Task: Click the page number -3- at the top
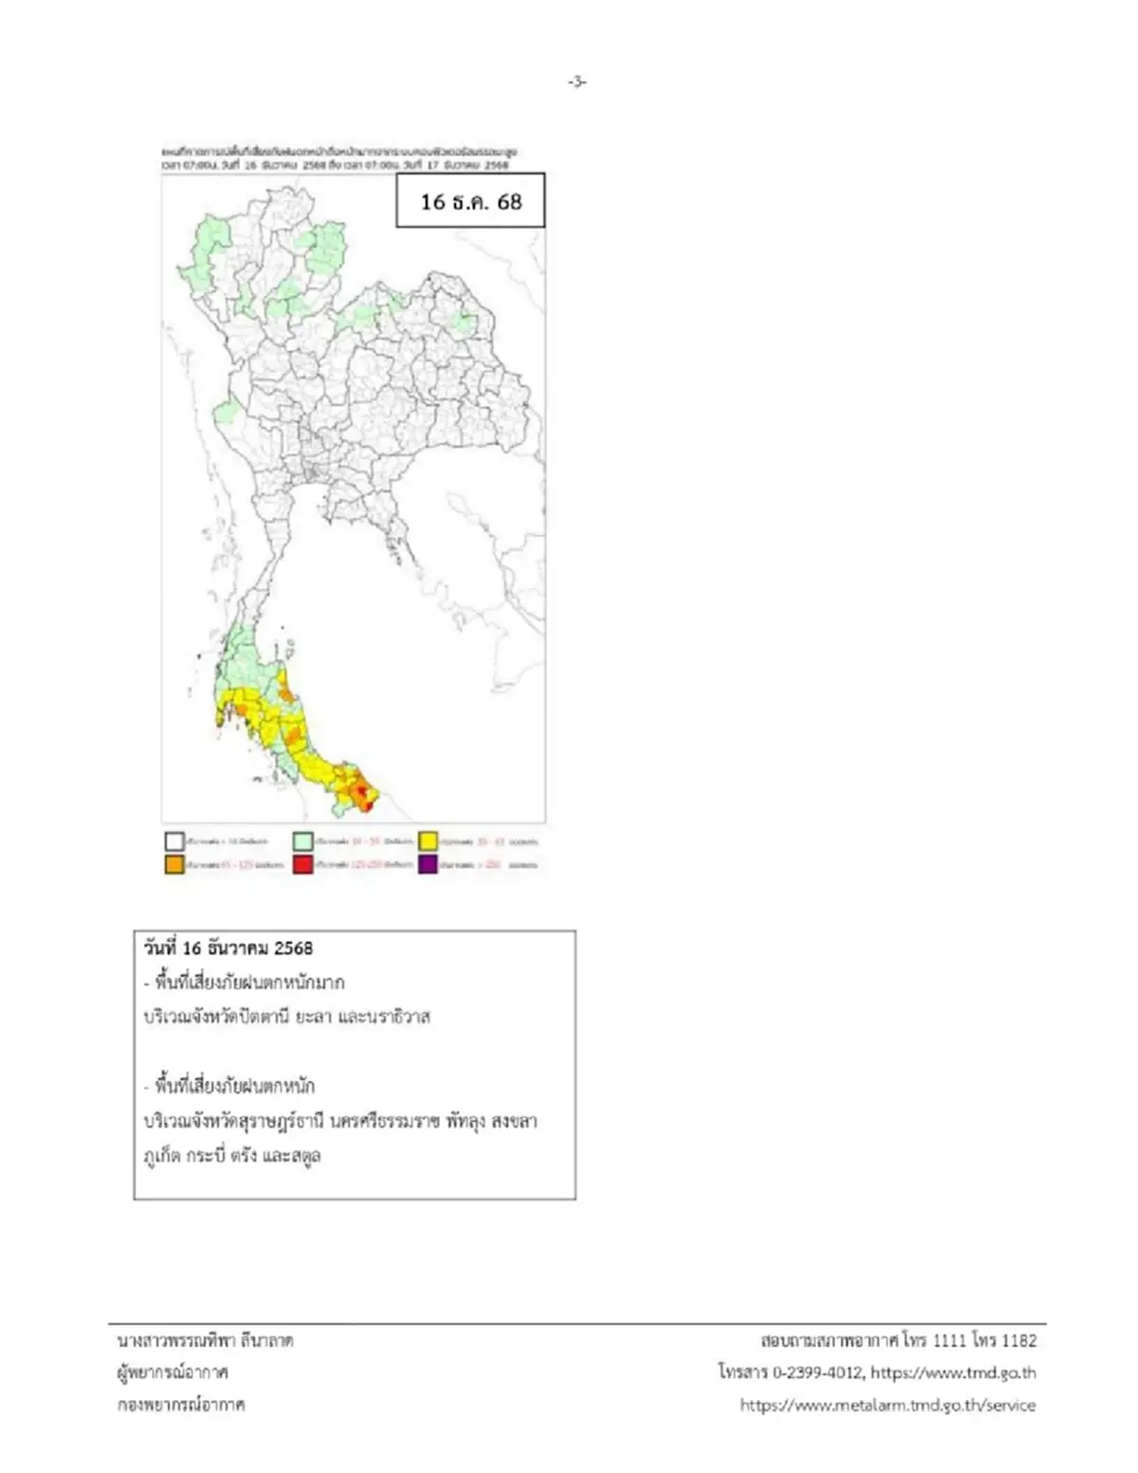click(578, 83)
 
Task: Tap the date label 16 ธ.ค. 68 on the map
click(470, 201)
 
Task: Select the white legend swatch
click(174, 841)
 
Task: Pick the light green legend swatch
click(303, 841)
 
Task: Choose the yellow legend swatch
click(429, 841)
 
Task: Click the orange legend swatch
click(174, 865)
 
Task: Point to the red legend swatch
click(303, 865)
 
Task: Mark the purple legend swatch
click(429, 865)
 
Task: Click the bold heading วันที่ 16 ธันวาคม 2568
click(228, 948)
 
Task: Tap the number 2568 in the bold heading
click(293, 948)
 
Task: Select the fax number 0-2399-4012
click(817, 1372)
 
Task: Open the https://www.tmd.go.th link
click(953, 1372)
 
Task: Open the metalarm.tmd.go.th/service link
click(888, 1405)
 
